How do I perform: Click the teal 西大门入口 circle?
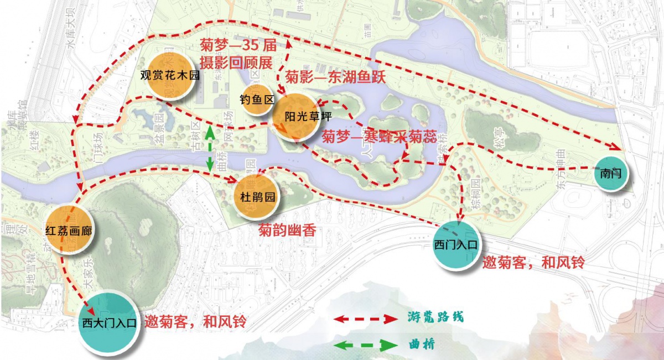(109, 323)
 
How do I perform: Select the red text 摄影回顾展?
(236, 62)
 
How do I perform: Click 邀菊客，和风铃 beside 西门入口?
(533, 262)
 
